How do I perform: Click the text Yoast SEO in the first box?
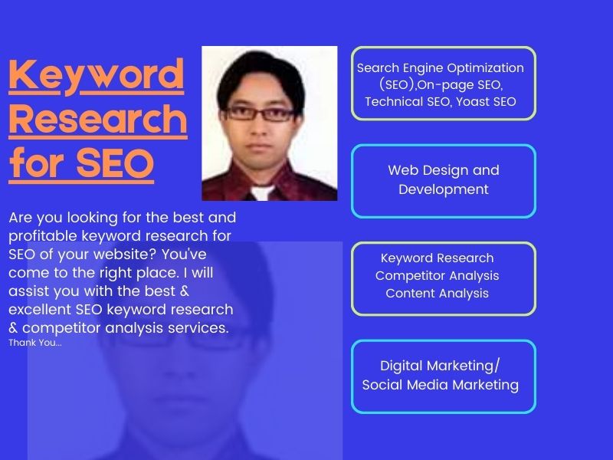tap(486, 101)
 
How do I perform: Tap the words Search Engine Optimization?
tap(441, 68)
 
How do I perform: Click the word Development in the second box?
tap(443, 189)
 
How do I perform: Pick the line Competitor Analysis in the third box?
tap(437, 275)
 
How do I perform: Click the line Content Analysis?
tap(437, 293)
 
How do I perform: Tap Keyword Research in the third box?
tap(437, 258)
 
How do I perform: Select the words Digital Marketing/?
tap(440, 366)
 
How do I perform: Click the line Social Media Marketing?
tap(440, 385)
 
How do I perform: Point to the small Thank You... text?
tap(35, 343)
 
